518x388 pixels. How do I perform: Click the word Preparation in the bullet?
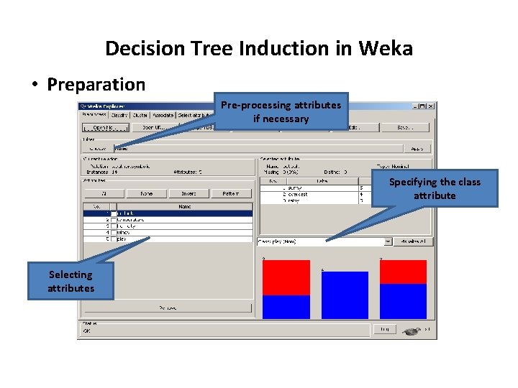(x=96, y=85)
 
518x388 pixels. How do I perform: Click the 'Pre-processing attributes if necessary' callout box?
(x=281, y=111)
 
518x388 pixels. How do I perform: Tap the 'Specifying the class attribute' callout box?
(x=435, y=188)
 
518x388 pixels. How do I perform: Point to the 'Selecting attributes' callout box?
(x=71, y=281)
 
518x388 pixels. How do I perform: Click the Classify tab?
(x=119, y=115)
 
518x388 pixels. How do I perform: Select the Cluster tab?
(x=140, y=115)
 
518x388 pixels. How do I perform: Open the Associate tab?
(x=163, y=115)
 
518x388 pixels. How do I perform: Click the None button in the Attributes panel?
(x=147, y=193)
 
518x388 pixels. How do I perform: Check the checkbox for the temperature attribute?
(x=113, y=220)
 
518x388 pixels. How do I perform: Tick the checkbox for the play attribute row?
(x=113, y=239)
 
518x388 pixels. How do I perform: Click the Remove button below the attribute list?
(x=168, y=308)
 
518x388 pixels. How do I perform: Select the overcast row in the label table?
(x=295, y=194)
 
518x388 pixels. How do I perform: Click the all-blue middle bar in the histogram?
(x=345, y=295)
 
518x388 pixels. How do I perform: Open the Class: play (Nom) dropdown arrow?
(x=388, y=242)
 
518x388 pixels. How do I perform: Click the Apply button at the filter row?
(x=417, y=149)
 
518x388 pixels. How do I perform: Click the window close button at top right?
(x=431, y=106)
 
